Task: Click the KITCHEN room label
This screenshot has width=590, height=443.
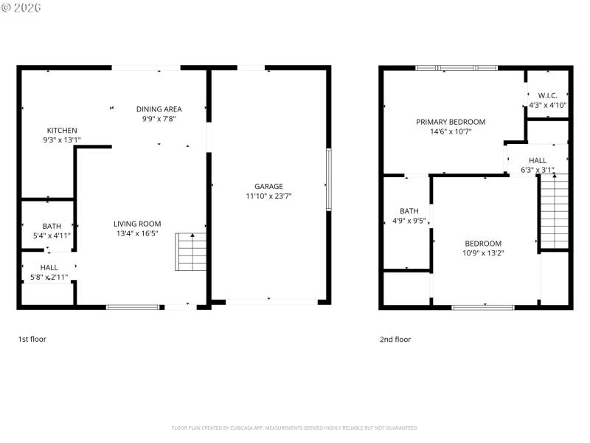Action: (62, 130)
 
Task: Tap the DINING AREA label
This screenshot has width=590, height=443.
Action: (159, 109)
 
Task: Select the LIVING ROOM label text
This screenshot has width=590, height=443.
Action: (136, 224)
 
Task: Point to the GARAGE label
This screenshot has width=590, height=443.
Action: (268, 187)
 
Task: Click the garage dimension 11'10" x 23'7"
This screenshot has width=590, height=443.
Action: (268, 196)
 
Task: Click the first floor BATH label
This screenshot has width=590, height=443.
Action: (52, 226)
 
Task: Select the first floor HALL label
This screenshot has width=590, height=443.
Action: (49, 268)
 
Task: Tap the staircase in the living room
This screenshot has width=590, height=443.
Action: (191, 252)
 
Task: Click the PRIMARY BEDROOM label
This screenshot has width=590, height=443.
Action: (451, 122)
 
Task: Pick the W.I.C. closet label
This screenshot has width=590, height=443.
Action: (547, 95)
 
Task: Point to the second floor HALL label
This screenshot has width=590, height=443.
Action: (537, 160)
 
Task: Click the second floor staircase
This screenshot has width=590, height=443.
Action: (554, 213)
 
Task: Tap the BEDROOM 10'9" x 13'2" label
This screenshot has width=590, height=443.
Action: (482, 244)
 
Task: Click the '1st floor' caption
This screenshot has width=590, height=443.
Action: (32, 340)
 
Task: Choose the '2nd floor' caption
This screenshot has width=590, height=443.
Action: (395, 340)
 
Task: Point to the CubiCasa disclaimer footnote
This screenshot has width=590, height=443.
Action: (295, 427)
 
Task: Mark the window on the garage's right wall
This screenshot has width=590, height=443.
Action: (328, 179)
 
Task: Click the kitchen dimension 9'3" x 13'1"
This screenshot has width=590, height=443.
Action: (62, 140)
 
